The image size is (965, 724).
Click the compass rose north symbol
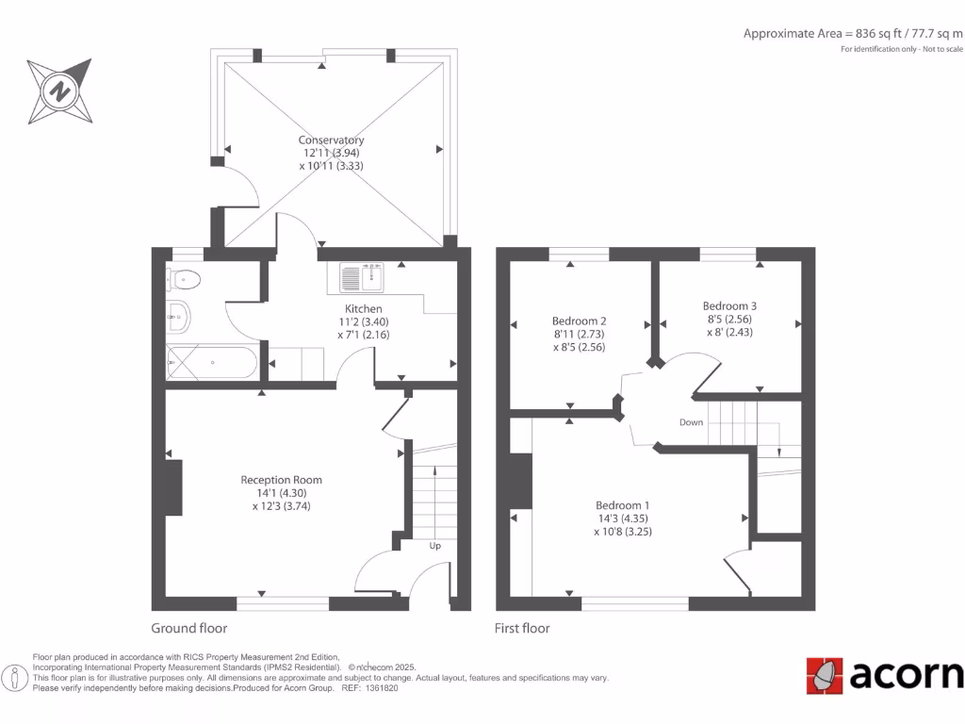coord(60,92)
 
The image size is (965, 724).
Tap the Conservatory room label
coord(331,140)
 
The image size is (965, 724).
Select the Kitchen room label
coord(363,309)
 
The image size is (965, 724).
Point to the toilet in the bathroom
coord(184,278)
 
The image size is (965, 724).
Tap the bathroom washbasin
coord(178,317)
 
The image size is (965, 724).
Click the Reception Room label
coord(281,480)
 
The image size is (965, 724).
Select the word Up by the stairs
coord(435,546)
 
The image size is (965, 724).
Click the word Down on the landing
coord(691,422)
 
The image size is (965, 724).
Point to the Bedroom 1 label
coord(622,504)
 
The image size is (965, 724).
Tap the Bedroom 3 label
coord(729,306)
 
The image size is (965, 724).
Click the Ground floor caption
coord(189,628)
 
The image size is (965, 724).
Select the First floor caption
coord(522,628)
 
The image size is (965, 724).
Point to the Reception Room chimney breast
coord(174,486)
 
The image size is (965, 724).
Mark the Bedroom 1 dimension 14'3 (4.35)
coord(622,518)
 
